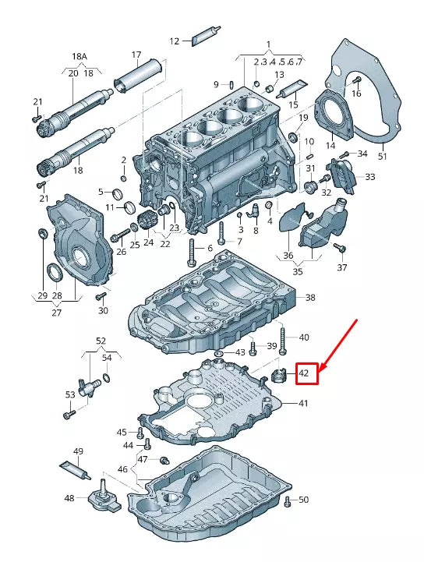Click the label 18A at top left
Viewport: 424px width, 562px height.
point(80,57)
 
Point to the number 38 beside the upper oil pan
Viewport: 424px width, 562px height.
point(310,298)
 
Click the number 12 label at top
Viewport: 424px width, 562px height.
point(174,41)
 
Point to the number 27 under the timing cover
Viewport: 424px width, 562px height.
point(56,313)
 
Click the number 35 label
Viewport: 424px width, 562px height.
point(299,272)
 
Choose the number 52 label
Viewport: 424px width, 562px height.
point(101,341)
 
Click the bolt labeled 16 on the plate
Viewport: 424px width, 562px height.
point(356,80)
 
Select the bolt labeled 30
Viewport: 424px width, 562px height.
point(100,297)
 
